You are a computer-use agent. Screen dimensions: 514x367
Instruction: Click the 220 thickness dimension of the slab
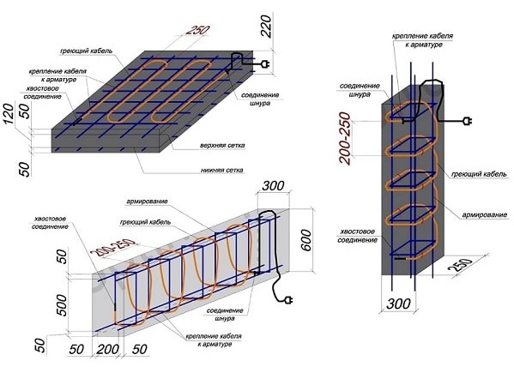267,27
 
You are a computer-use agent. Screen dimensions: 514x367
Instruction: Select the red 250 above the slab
197,30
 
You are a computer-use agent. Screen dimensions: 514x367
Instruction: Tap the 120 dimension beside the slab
9,113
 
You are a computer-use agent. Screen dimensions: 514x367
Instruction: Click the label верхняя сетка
222,145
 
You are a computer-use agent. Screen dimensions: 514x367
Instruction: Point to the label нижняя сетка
222,170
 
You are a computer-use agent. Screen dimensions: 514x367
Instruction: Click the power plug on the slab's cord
265,64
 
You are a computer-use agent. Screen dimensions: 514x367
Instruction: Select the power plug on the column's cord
467,122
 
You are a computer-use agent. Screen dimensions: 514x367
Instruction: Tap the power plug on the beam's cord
288,299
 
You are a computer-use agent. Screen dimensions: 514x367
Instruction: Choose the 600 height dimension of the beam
305,240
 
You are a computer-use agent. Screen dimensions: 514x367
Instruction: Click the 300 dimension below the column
398,304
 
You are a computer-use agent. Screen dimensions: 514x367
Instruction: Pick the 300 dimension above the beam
273,186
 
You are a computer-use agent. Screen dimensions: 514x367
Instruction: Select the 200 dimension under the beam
108,349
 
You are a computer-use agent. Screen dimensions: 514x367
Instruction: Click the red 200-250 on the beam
113,248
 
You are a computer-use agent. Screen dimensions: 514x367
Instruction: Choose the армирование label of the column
485,215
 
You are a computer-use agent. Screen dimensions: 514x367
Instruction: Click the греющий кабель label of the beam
145,222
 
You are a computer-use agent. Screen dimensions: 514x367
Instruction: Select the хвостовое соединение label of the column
357,236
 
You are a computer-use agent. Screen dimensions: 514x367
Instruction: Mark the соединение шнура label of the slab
260,99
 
